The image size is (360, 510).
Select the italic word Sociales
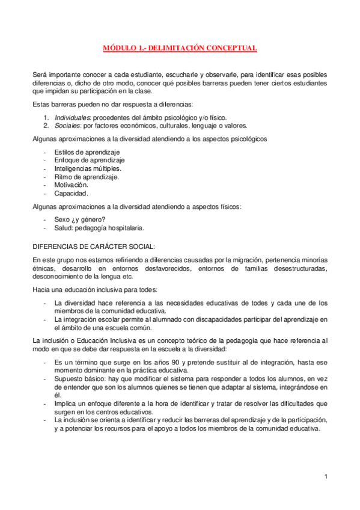click(x=67, y=126)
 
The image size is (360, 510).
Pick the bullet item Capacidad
click(x=71, y=194)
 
